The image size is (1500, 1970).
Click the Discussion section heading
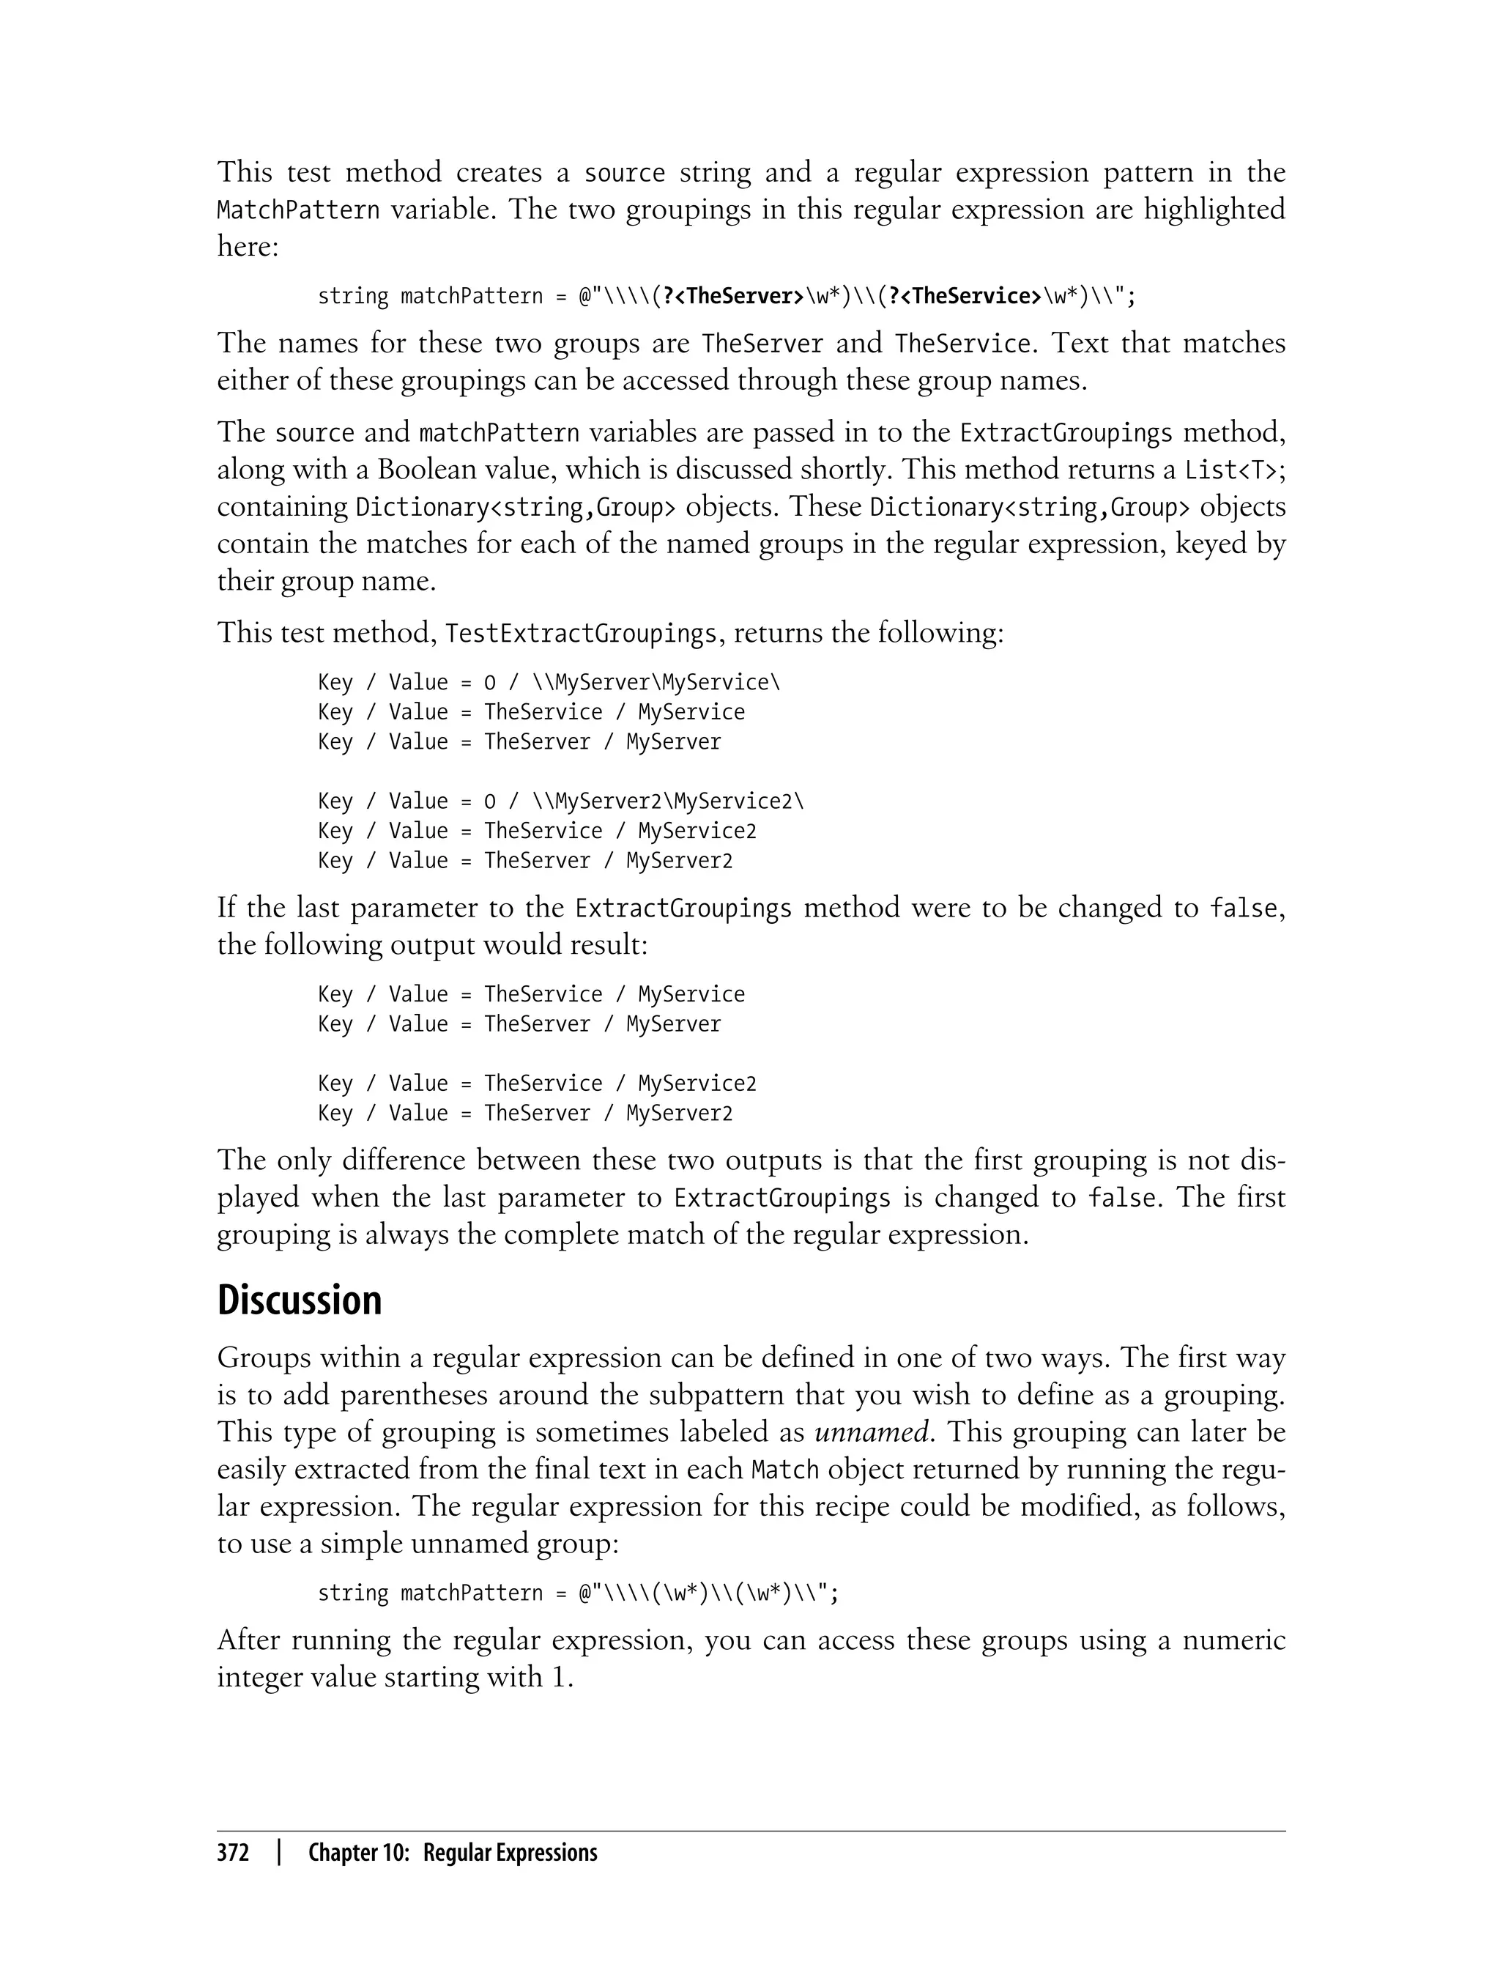coord(299,1300)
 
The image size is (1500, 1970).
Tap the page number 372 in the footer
coord(233,1853)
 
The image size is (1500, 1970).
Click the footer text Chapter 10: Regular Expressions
coord(452,1853)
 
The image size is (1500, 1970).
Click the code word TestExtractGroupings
coord(580,634)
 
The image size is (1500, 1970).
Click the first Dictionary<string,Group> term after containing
coord(515,507)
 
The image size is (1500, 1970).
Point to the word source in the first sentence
coord(624,172)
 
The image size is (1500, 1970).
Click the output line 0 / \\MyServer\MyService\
coord(548,682)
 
